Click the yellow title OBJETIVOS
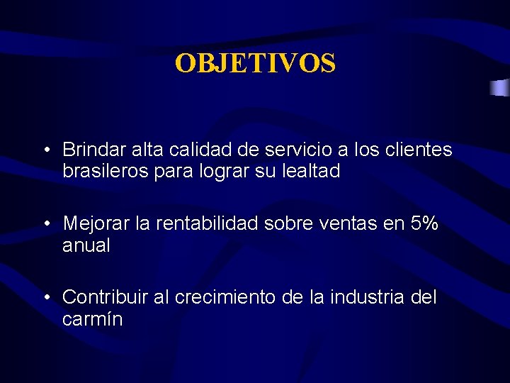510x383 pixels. [x=255, y=64]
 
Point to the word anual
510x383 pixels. [x=86, y=245]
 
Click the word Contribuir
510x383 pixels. [x=106, y=298]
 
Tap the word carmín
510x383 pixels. [x=92, y=319]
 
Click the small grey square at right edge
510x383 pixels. [x=500, y=88]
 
